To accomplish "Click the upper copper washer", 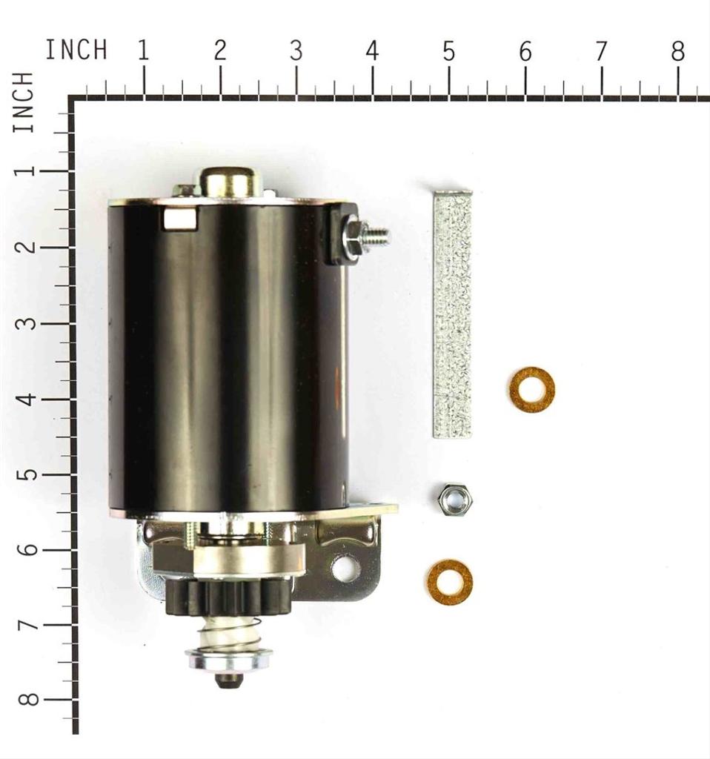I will pyautogui.click(x=532, y=389).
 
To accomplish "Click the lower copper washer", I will pyautogui.click(x=450, y=582).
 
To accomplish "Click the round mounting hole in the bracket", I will pyautogui.click(x=345, y=569).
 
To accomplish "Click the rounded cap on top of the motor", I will pyautogui.click(x=229, y=181).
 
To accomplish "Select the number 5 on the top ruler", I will pyautogui.click(x=448, y=51).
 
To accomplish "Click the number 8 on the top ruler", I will pyautogui.click(x=677, y=51).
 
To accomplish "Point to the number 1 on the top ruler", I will pyautogui.click(x=143, y=51).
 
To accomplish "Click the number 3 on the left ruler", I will pyautogui.click(x=27, y=323).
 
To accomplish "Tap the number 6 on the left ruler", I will pyautogui.click(x=27, y=549).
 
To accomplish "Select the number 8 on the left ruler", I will pyautogui.click(x=27, y=700).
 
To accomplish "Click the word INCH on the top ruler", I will pyautogui.click(x=76, y=50).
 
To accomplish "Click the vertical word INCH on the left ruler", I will pyautogui.click(x=24, y=103).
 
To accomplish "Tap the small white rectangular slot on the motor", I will pyautogui.click(x=179, y=218).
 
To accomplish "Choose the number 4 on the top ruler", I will pyautogui.click(x=372, y=51).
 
